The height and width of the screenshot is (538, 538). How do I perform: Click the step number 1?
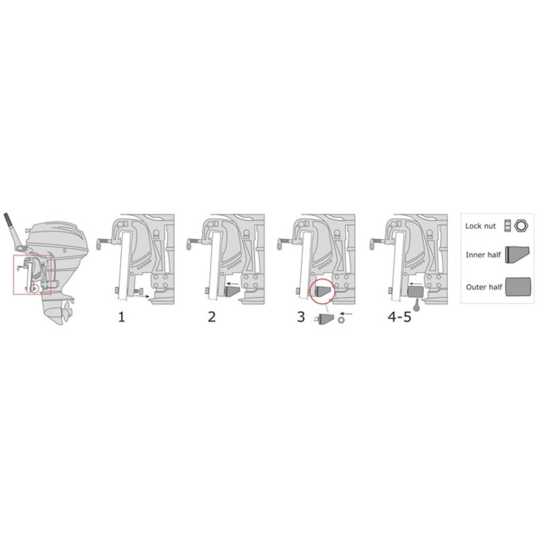click(x=122, y=317)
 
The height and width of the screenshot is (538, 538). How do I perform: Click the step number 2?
click(x=211, y=317)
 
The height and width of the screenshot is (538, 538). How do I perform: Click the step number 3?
click(x=301, y=317)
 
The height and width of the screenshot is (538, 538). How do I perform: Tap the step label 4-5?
click(x=399, y=317)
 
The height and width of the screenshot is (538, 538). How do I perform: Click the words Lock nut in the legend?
click(x=480, y=226)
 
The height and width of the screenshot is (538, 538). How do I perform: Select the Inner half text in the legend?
click(x=483, y=255)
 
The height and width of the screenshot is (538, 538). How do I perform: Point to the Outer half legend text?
click(x=483, y=287)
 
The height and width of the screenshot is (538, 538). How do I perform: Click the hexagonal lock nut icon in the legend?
click(x=521, y=226)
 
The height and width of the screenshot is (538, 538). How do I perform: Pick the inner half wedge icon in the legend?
click(x=517, y=255)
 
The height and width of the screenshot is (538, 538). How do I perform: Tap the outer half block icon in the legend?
click(x=518, y=287)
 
